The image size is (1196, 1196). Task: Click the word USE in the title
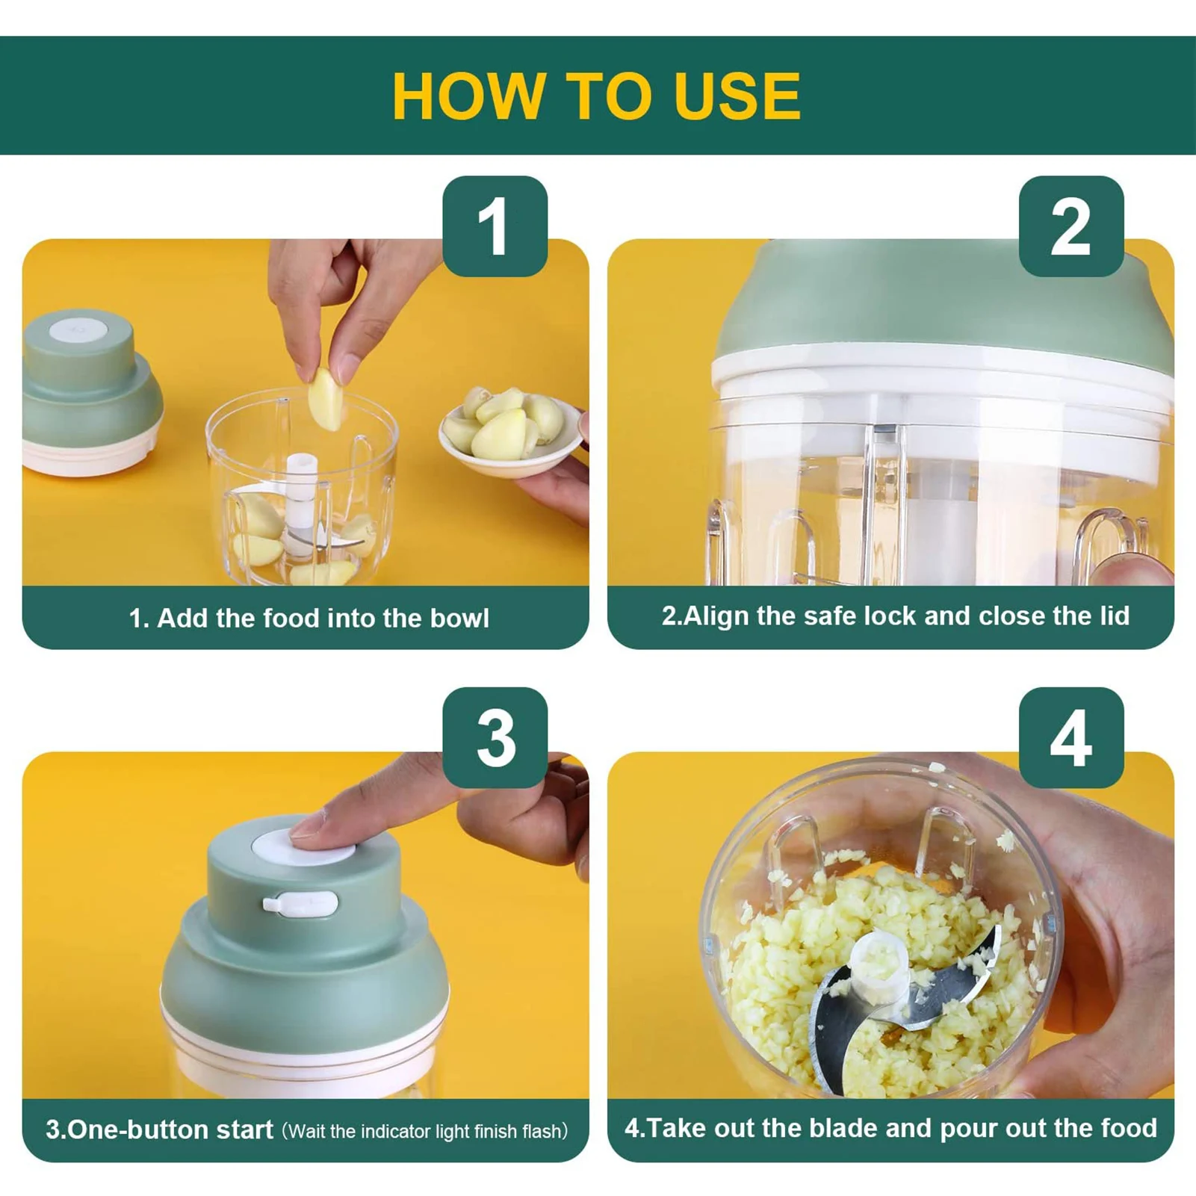737,96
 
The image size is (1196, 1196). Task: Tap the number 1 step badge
495,226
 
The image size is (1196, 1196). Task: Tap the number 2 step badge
1071,226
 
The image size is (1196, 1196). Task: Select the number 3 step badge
495,738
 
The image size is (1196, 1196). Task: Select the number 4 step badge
1071,738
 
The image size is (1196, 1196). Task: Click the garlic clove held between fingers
326,400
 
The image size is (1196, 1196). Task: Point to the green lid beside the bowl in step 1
92,391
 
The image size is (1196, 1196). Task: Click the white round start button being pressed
303,847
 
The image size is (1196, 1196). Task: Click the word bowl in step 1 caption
459,618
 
